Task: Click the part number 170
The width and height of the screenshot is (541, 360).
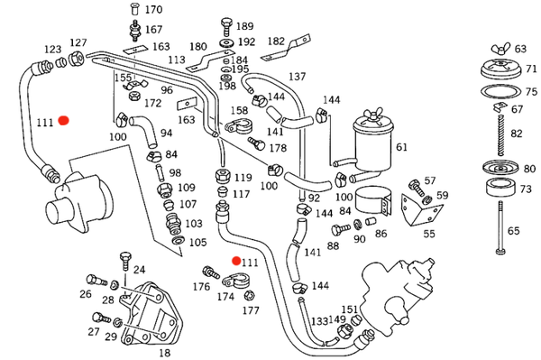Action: [154, 9]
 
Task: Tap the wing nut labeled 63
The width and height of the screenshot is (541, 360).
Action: [501, 49]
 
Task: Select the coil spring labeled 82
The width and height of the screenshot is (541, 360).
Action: [501, 135]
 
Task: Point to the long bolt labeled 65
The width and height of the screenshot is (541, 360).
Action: [500, 227]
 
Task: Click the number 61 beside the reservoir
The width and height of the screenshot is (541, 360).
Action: [401, 147]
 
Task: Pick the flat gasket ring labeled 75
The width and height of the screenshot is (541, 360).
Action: [501, 91]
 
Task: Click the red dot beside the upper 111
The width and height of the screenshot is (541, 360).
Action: [63, 121]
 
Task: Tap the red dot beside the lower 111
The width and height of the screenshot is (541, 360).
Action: [236, 261]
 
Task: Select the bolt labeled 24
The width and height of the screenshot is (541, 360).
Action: [125, 262]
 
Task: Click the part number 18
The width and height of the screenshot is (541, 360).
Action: [165, 353]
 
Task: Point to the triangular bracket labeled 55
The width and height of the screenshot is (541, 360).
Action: [421, 209]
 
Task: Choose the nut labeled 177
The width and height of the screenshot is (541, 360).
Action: [249, 295]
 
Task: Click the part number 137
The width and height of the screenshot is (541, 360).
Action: [297, 77]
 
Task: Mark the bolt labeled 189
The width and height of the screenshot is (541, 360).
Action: [226, 27]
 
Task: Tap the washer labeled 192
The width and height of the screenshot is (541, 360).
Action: [226, 43]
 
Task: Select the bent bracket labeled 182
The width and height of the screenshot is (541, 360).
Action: [286, 48]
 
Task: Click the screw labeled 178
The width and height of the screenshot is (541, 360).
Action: [256, 143]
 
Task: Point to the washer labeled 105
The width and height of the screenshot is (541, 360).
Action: [178, 240]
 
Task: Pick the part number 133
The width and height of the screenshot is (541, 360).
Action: [319, 321]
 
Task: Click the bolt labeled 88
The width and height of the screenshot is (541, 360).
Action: [341, 229]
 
